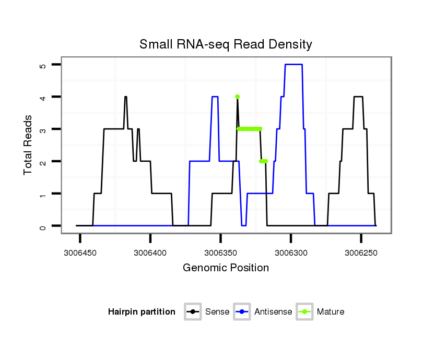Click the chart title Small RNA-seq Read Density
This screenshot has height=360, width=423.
pyautogui.click(x=226, y=44)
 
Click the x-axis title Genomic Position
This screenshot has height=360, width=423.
pyautogui.click(x=226, y=268)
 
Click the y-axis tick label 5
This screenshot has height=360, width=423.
pyautogui.click(x=42, y=65)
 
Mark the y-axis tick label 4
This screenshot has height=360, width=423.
pyautogui.click(x=42, y=98)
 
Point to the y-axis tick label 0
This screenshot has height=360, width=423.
pyautogui.click(x=42, y=226)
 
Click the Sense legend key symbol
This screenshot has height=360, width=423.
pyautogui.click(x=193, y=312)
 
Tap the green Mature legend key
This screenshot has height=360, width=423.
pyautogui.click(x=304, y=312)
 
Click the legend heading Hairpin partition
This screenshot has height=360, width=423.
pyautogui.click(x=142, y=312)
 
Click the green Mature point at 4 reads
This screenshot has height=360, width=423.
pyautogui.click(x=238, y=97)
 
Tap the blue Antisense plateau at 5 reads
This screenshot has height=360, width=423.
pyautogui.click(x=293, y=65)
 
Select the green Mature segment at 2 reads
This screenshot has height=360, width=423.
pyautogui.click(x=263, y=161)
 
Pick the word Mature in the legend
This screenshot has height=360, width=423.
pyautogui.click(x=331, y=312)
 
